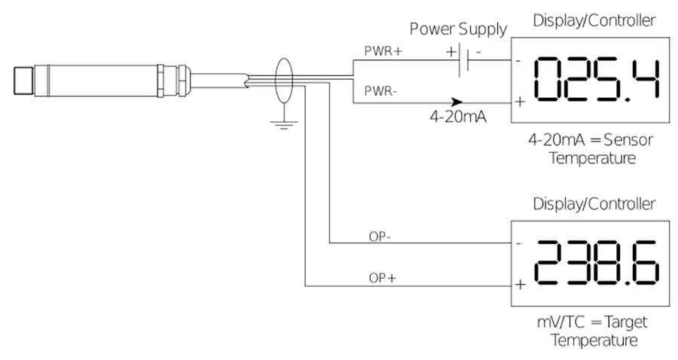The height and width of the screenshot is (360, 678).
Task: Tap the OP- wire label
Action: pos(379,236)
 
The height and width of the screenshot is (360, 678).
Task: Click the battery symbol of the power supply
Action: pos(465,61)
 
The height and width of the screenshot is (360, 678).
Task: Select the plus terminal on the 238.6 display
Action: pos(520,285)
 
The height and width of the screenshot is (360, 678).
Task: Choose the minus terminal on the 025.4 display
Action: pos(520,60)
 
